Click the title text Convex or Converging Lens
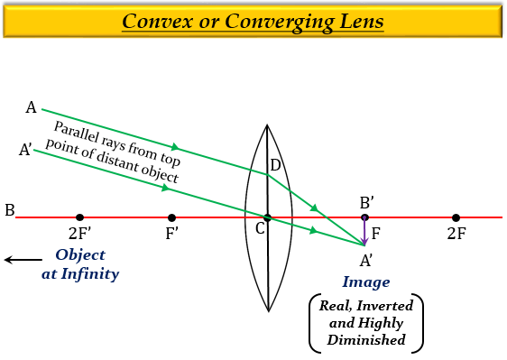coord(253,21)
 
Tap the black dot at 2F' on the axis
coord(80,217)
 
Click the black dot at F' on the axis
coord(172,217)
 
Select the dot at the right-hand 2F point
coord(456,217)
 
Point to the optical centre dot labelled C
coord(268,217)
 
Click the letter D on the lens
coord(275,165)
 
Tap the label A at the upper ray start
coord(31,108)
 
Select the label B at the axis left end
coord(9,210)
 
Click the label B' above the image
coord(366,202)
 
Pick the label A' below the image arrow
coord(366,261)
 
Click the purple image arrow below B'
coord(364,231)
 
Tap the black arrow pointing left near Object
coord(16,260)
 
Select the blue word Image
coord(365,282)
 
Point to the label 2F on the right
coord(456,235)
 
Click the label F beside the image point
coord(375,233)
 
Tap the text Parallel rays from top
coord(116,143)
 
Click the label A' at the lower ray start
coord(25,150)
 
